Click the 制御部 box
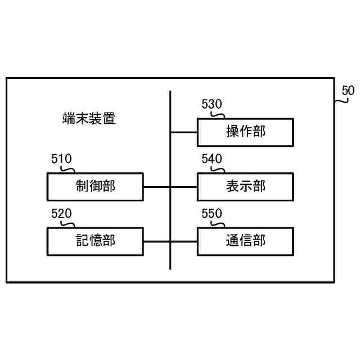point(94,186)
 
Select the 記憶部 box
point(94,241)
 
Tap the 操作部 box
point(245,132)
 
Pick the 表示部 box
point(245,186)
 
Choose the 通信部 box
point(245,241)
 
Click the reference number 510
point(61,159)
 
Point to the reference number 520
point(61,214)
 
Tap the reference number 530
point(211,105)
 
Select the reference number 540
point(211,159)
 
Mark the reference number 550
point(211,214)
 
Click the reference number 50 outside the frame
point(348,90)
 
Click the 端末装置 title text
point(89,119)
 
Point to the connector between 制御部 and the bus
point(157,186)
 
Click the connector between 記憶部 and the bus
point(157,241)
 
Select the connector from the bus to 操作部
point(183,132)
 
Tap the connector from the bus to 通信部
point(183,241)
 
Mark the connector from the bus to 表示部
point(183,186)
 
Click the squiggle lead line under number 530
point(217,115)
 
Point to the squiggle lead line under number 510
point(67,169)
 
